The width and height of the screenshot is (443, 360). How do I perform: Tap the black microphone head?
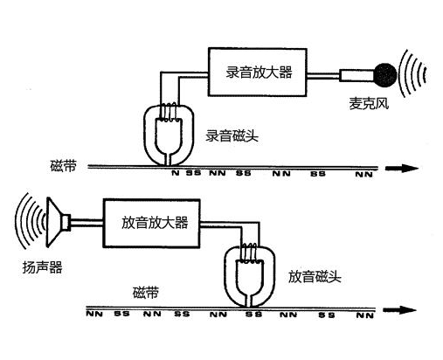[385, 75]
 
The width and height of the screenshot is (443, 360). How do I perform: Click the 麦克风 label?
[369, 103]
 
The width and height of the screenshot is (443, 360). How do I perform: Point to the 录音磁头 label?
[232, 135]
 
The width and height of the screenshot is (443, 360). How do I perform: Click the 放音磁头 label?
[315, 276]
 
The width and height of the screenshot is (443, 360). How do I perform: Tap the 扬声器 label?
[43, 267]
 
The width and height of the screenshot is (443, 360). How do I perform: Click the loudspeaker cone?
[59, 222]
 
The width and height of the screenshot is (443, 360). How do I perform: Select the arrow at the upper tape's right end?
[402, 168]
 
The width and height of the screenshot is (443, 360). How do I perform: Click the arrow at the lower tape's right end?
[399, 309]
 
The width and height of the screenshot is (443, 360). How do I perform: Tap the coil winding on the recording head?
[169, 112]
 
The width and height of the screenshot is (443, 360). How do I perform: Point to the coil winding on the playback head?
[250, 253]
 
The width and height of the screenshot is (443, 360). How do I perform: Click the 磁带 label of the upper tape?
[64, 166]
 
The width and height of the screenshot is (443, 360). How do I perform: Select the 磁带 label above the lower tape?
[146, 293]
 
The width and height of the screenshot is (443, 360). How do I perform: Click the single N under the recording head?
[175, 173]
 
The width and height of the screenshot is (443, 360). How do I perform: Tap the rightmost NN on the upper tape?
[364, 175]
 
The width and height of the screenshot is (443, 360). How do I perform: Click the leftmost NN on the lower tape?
[94, 314]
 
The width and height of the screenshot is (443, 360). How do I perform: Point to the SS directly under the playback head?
[253, 315]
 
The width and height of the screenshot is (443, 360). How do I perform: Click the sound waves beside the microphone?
[412, 74]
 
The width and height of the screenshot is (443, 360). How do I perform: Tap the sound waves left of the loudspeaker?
[30, 221]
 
